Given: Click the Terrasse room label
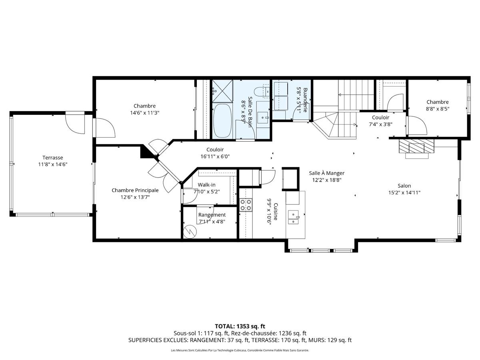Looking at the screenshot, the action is (53, 157).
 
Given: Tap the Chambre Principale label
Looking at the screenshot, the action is (135, 190).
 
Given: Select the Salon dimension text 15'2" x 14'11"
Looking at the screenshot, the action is (404, 192).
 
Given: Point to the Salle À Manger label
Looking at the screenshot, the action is (326, 173).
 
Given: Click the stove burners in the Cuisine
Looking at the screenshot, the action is (246, 205).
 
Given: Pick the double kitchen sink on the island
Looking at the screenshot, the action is (293, 217).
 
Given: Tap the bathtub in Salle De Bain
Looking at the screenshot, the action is (222, 121).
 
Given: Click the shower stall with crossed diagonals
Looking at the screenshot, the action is (222, 91).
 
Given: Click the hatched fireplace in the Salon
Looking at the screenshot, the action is (416, 146).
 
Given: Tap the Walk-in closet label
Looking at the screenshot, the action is (206, 185).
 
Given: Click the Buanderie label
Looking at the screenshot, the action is (305, 100).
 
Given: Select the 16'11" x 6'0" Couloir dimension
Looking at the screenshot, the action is (215, 156).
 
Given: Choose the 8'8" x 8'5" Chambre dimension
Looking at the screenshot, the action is (437, 109).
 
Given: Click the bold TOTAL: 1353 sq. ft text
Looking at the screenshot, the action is (240, 326).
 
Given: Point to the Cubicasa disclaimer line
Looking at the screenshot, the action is (240, 350).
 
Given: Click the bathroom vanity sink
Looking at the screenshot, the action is (263, 118).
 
